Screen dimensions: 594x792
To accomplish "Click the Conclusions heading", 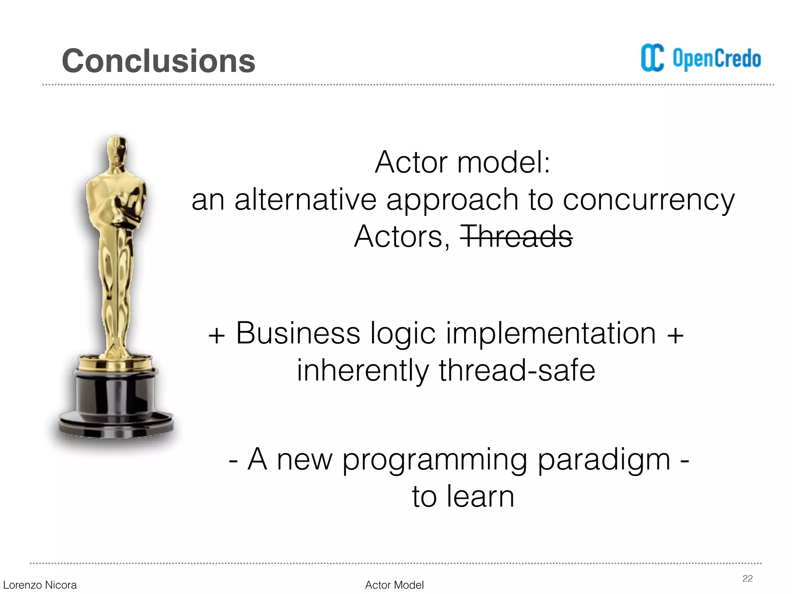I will (x=159, y=61).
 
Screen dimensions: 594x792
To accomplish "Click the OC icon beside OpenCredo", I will (x=652, y=58).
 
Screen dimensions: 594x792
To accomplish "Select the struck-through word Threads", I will (x=516, y=236).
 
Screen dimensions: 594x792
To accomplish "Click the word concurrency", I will (x=649, y=200).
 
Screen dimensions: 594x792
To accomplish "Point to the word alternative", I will (x=306, y=200).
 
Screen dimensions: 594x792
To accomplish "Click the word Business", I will (x=298, y=333).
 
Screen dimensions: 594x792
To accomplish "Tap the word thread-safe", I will (x=517, y=370).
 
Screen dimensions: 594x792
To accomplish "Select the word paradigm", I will (x=604, y=459).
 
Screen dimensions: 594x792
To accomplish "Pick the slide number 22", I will (x=748, y=579).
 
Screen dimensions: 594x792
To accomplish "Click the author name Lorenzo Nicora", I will (x=40, y=585).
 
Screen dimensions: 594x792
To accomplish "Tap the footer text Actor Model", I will (x=394, y=585).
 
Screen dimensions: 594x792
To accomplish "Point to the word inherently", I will (x=363, y=370).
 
